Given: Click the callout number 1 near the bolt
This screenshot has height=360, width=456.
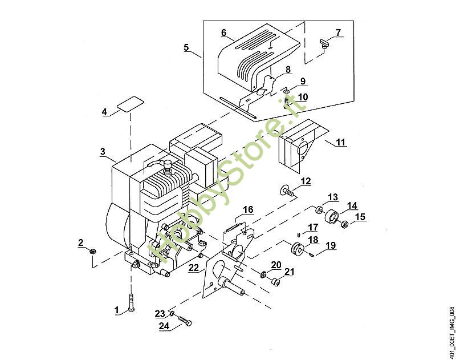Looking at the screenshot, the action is (x=117, y=310).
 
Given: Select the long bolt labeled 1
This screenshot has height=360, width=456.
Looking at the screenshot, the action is (x=131, y=303).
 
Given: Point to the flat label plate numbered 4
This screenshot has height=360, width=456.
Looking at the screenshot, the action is (x=131, y=104).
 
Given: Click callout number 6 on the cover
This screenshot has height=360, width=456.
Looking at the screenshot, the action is (x=223, y=33).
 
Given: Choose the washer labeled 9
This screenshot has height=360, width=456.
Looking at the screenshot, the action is (x=287, y=92).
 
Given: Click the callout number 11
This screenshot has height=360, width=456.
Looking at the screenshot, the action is (x=340, y=142).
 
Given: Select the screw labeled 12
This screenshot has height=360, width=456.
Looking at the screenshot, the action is (x=287, y=192).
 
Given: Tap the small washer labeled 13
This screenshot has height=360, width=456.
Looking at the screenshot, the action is (x=319, y=210).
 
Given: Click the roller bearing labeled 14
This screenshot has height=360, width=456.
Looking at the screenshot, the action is (x=332, y=217).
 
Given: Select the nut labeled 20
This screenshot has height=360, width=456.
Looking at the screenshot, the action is (x=264, y=274).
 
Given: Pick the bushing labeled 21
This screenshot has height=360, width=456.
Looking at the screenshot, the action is (x=275, y=281).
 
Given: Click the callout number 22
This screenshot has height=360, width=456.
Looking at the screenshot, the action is (x=193, y=268).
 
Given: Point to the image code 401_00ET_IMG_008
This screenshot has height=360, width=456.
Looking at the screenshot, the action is (x=451, y=333).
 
